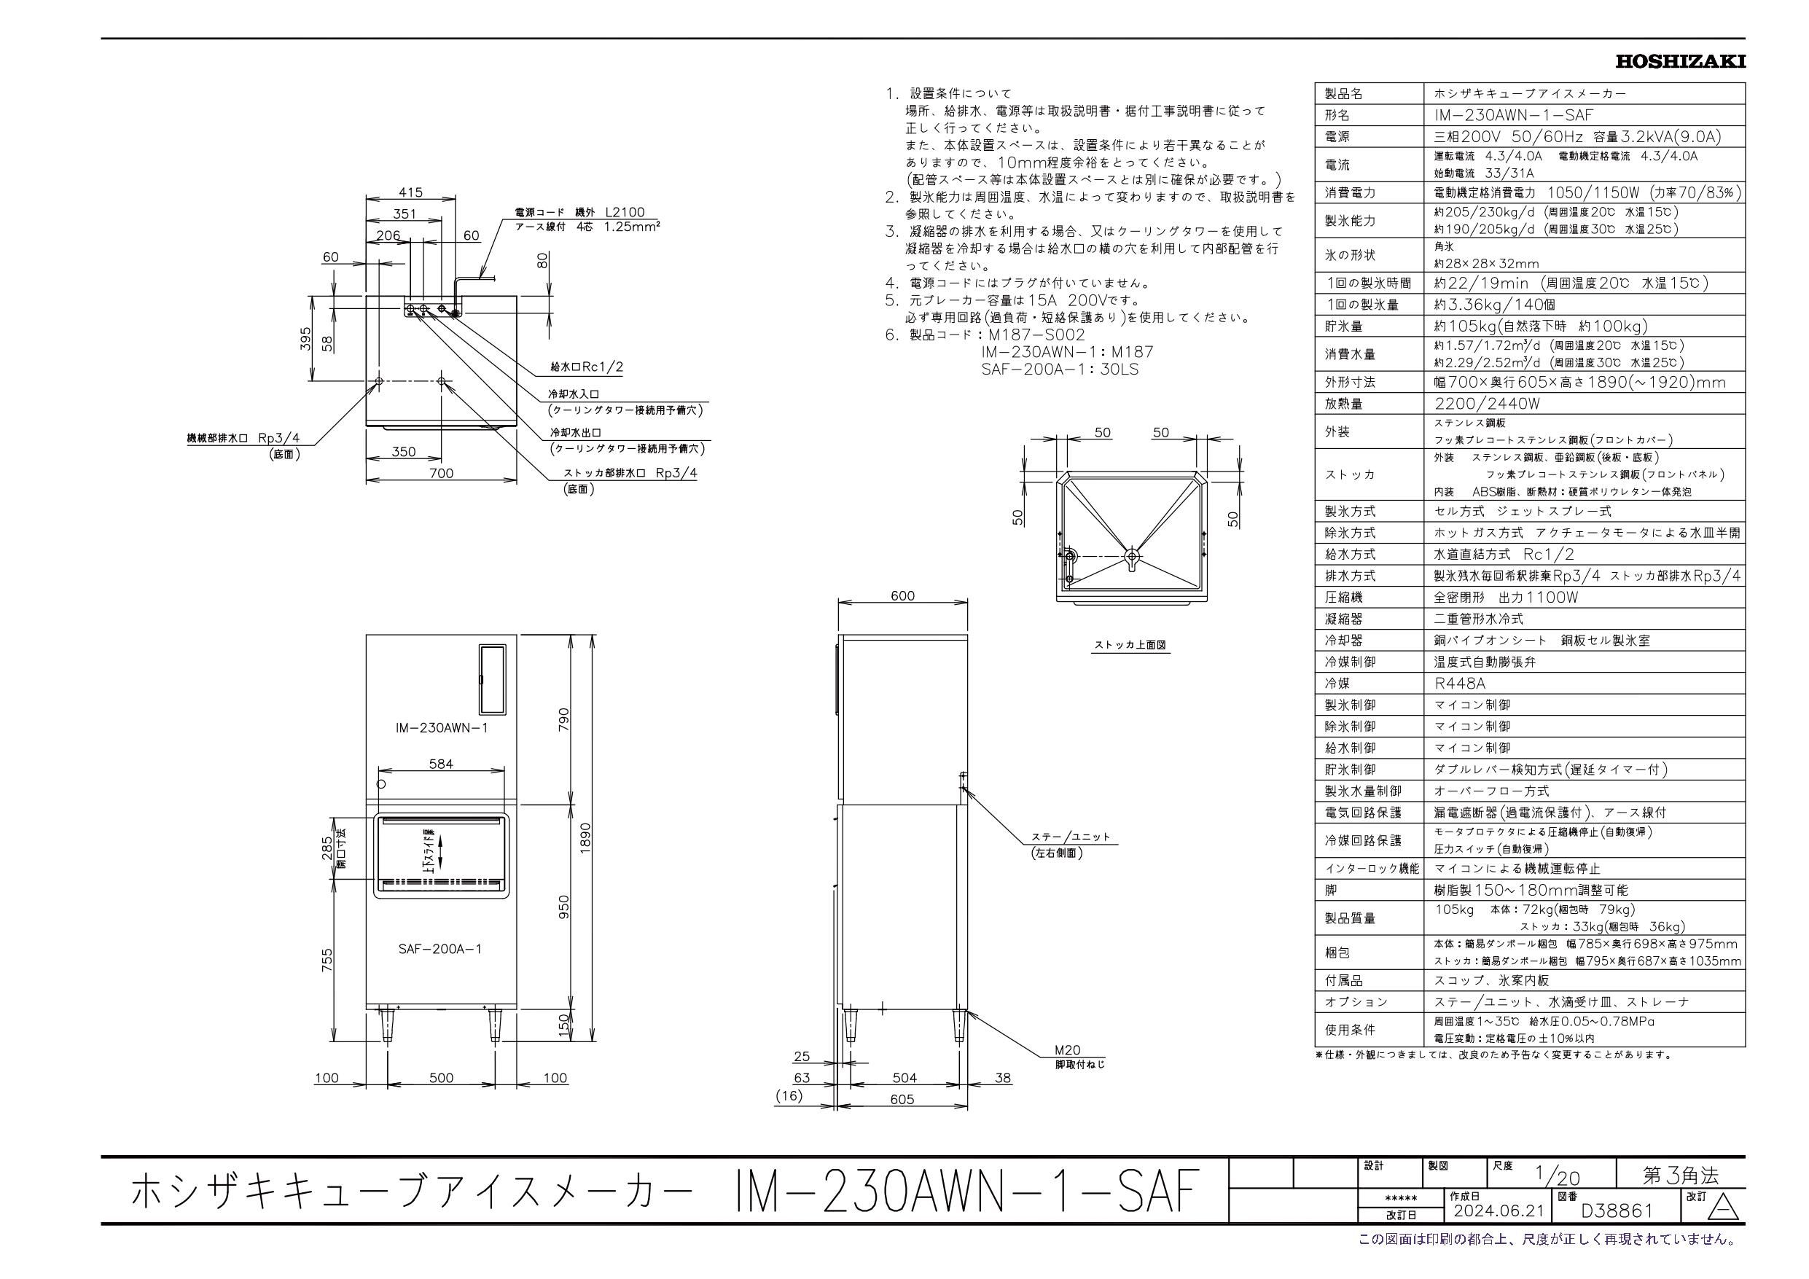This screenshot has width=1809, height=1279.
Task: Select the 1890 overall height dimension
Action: point(584,836)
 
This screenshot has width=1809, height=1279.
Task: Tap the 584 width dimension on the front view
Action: point(440,764)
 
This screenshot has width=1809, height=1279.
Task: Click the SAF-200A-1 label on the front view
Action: point(439,949)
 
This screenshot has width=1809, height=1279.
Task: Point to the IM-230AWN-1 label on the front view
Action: point(441,727)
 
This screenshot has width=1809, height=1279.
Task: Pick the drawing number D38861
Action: point(1617,1232)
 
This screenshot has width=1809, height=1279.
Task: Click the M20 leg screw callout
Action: point(1068,1050)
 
